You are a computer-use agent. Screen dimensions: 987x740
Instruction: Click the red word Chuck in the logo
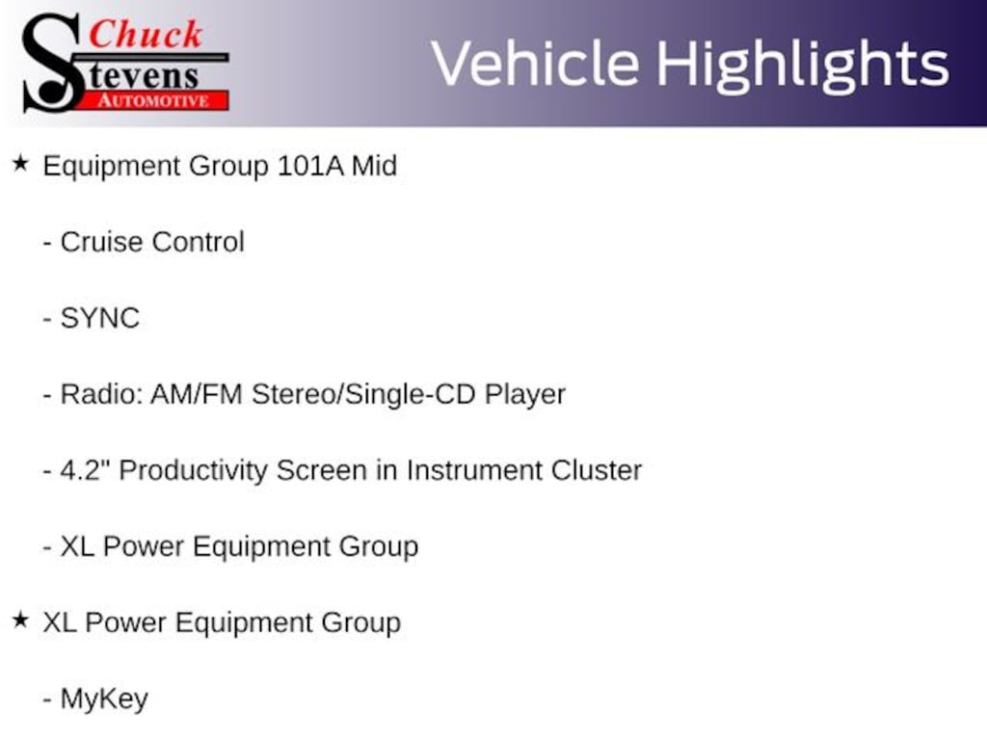click(146, 34)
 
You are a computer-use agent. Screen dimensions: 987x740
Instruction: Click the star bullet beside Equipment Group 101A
click(20, 164)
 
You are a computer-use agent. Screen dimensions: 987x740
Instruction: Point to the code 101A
click(310, 166)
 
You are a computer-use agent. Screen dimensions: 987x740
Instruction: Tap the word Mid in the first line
click(374, 166)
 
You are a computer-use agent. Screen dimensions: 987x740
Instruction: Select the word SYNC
click(99, 318)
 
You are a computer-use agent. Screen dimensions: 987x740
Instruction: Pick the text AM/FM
click(197, 394)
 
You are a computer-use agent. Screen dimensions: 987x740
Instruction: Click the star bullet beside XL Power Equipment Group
click(20, 621)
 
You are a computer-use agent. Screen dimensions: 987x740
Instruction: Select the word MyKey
click(104, 700)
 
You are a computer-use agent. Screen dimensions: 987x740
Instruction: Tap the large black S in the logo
click(52, 63)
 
